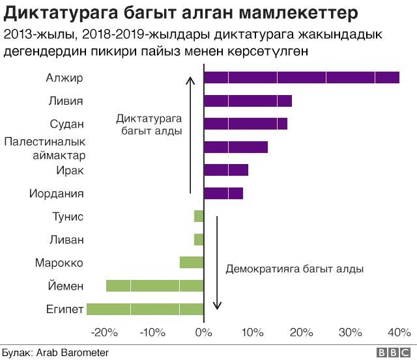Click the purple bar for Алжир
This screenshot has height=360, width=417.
click(301, 77)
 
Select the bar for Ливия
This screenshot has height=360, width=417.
click(248, 101)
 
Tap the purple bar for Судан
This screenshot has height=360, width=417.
click(245, 124)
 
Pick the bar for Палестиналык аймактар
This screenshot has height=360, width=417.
click(235, 147)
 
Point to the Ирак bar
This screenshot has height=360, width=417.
click(225, 170)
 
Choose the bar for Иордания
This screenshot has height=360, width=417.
click(223, 193)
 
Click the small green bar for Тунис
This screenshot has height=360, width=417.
click(199, 216)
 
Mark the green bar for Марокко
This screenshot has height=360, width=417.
click(192, 262)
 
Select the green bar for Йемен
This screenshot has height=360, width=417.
click(154, 285)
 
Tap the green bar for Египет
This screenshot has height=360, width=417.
click(145, 309)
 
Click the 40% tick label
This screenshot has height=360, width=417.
click(399, 333)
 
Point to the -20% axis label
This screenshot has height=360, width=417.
click(105, 333)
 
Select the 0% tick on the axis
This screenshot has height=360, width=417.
click(204, 333)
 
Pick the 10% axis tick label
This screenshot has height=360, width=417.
click(252, 333)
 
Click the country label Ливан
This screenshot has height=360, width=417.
click(67, 240)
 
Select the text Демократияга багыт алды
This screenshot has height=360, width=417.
click(294, 268)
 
